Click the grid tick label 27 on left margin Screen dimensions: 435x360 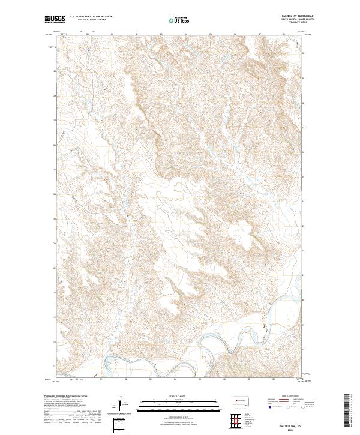click(x=55, y=120)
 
